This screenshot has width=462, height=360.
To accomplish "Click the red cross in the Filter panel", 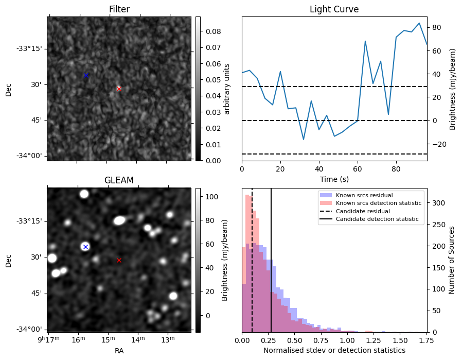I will [119, 89].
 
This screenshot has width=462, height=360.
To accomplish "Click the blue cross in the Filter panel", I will [86, 75].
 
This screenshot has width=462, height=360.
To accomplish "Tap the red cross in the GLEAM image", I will [119, 260].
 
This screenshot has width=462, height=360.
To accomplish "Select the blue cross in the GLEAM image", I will [85, 247].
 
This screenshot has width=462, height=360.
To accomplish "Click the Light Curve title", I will [334, 9].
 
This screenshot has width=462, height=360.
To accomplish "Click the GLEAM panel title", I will [119, 180].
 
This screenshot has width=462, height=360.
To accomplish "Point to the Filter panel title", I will [119, 9].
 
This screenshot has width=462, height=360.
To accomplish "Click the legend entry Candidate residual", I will [363, 212].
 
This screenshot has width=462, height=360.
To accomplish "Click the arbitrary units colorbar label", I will [227, 89].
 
